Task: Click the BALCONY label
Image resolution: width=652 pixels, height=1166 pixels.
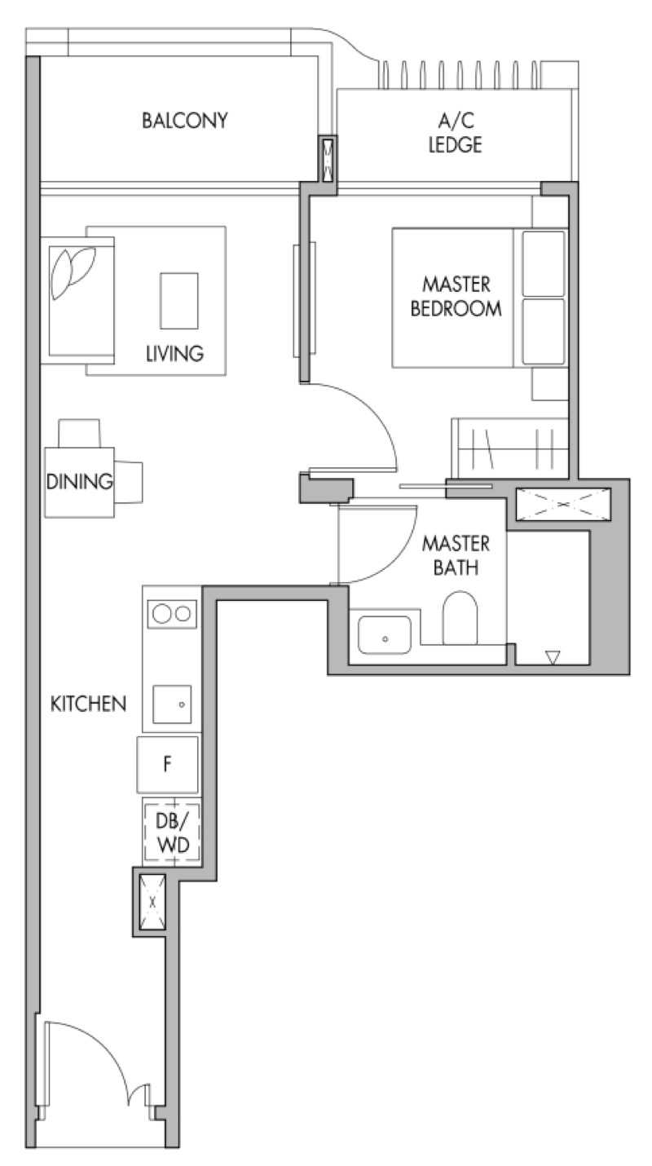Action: (185, 121)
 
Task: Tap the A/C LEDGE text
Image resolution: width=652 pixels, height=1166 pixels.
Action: (455, 133)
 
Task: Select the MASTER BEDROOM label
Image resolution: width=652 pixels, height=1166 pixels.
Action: (456, 297)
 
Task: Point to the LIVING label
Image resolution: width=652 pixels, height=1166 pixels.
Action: (175, 353)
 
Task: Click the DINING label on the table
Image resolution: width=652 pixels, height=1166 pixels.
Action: (80, 482)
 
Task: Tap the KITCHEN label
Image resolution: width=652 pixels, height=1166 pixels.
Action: (89, 704)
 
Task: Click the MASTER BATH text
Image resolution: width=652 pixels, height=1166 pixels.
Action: (456, 555)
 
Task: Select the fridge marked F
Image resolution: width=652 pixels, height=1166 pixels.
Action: (168, 765)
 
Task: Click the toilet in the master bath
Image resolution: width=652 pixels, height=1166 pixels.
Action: (460, 618)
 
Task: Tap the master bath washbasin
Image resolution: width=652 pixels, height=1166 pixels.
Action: (385, 635)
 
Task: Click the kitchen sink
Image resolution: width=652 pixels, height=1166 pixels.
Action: (172, 704)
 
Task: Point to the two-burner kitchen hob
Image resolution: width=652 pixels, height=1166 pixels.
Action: (172, 614)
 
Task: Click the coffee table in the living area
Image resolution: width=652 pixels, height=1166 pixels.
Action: (179, 301)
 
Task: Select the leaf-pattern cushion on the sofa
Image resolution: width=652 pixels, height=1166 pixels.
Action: (73, 273)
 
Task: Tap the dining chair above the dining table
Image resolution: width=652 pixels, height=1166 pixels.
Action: (79, 433)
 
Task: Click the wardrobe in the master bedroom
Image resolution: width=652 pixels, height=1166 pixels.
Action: (510, 448)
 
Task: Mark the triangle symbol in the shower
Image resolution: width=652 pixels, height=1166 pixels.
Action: (553, 657)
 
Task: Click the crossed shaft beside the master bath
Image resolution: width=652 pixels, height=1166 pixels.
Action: (563, 504)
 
